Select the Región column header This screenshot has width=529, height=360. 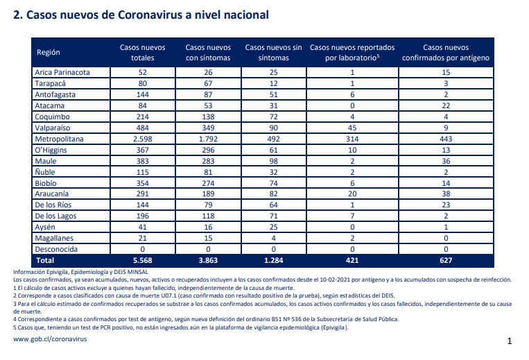click(x=49, y=52)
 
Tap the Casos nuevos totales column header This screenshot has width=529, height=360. click(x=142, y=52)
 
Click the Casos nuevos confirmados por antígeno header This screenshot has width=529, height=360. click(x=446, y=52)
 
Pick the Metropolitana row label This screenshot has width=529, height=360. click(x=59, y=139)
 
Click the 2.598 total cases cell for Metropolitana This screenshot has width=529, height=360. click(x=142, y=139)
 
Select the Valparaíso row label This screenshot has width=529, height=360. click(x=53, y=128)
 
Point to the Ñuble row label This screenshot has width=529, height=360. click(x=45, y=172)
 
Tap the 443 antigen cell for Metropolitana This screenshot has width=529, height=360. click(x=446, y=139)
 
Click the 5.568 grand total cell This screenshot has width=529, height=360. click(x=142, y=261)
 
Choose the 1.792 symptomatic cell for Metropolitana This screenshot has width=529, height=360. click(x=208, y=139)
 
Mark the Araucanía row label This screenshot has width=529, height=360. click(x=51, y=194)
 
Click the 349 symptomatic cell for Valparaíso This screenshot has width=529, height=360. click(x=208, y=128)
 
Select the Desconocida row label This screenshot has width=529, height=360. click(x=56, y=249)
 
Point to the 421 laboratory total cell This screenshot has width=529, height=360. click(x=352, y=261)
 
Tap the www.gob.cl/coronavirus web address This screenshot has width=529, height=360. click(x=50, y=339)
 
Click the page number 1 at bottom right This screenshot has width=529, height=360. click(x=510, y=341)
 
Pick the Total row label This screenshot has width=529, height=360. click(x=45, y=261)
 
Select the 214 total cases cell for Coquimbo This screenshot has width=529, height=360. click(x=142, y=117)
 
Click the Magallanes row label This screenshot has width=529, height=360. click(x=54, y=238)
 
